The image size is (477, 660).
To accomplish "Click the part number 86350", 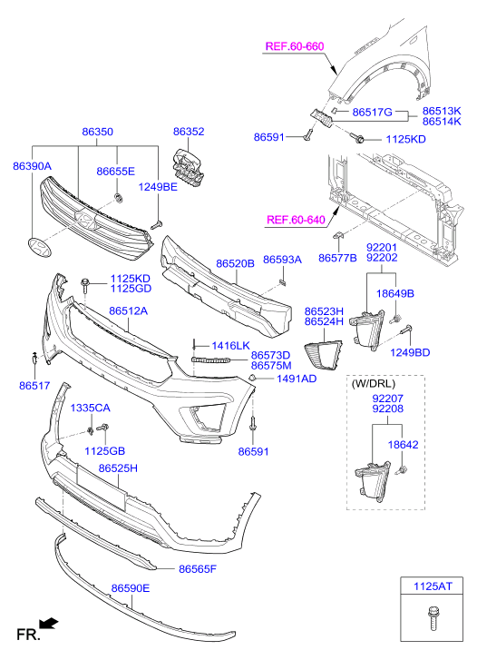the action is click(x=97, y=132).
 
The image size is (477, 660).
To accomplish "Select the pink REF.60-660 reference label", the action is click(x=295, y=46).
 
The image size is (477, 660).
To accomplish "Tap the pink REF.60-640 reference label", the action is click(x=297, y=220).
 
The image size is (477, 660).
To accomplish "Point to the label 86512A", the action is click(x=128, y=311).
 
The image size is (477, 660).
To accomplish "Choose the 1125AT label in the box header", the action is click(x=433, y=586).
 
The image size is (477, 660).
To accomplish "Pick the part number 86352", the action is click(x=189, y=132).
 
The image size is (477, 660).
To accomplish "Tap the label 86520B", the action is click(x=235, y=264).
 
